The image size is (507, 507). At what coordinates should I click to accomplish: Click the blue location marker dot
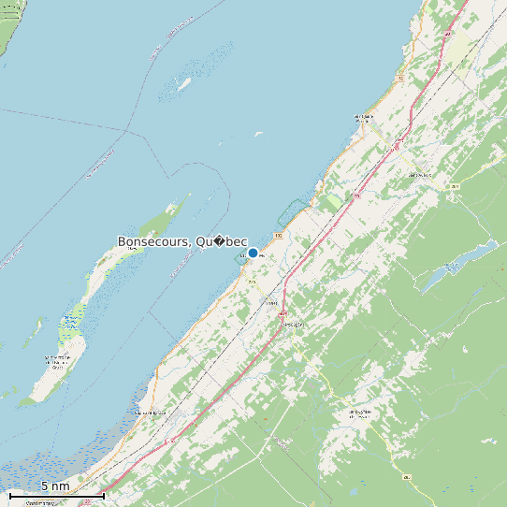point(253,253)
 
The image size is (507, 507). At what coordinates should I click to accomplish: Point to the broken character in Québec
point(218,241)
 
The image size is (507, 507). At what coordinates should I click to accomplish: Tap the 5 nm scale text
point(54,486)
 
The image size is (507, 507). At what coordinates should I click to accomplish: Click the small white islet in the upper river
point(185,82)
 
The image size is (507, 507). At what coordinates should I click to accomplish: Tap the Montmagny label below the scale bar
point(39,503)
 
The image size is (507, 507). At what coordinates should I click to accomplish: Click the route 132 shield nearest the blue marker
point(278,235)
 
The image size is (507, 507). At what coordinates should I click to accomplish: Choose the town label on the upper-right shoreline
point(363,118)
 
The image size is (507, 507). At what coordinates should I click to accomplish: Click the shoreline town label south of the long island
point(150,413)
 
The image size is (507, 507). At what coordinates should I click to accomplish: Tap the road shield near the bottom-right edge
point(407,478)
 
